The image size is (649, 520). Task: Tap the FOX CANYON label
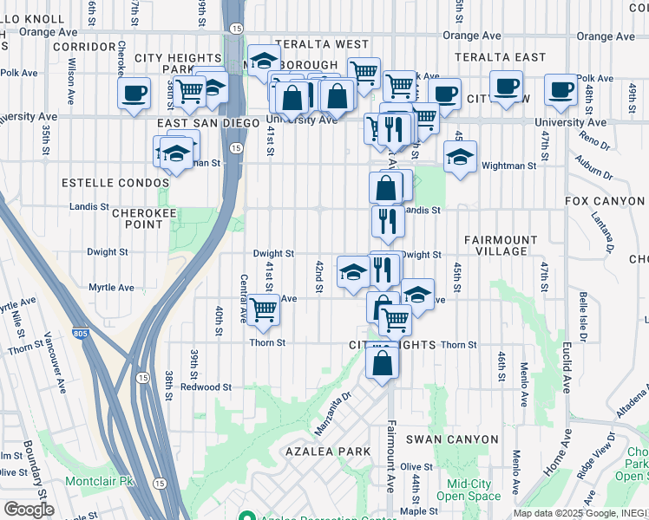[604, 201]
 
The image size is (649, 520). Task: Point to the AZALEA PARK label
[328, 452]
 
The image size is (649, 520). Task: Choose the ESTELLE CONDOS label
[115, 183]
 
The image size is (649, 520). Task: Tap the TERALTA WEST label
[322, 43]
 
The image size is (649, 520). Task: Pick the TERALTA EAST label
[504, 57]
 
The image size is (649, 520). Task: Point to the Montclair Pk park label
[101, 480]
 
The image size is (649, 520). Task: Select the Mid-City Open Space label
[469, 490]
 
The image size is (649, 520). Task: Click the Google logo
[28, 509]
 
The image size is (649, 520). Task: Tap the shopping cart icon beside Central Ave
[263, 309]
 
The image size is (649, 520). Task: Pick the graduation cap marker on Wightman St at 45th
[460, 157]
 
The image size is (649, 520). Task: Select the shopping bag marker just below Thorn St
[383, 361]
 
